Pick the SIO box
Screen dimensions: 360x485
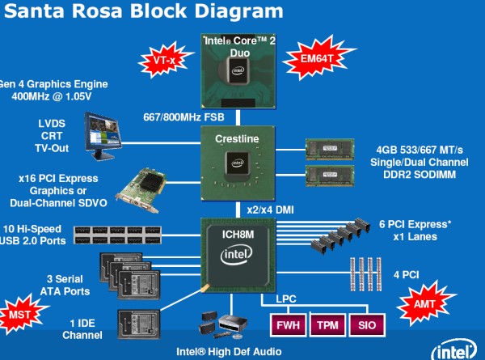[x=369, y=325]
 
